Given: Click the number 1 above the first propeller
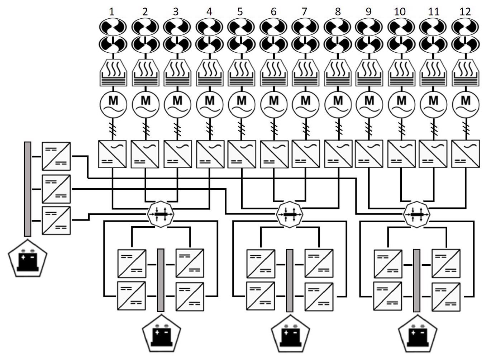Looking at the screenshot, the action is point(111,12).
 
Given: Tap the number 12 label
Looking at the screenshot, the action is point(465,12).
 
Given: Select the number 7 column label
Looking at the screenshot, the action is point(304,12).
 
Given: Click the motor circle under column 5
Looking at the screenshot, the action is point(242,104).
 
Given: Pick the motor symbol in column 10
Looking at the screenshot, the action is point(401,104).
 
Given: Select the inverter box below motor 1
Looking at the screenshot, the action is point(112,154).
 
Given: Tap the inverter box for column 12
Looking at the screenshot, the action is point(466,154).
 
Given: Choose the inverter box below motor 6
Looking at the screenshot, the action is point(274,154).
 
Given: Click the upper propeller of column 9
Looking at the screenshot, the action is point(369,27).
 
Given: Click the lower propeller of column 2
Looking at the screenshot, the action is point(145,44).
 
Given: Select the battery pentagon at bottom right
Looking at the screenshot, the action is point(418,334).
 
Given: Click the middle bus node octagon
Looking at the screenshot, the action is point(290,214).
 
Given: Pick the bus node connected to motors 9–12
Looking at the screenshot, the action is point(416,214).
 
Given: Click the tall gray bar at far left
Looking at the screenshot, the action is point(28,189).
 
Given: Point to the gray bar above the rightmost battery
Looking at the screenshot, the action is point(417,280).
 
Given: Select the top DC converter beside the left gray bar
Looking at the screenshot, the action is point(56,156).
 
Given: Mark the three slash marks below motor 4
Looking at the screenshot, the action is point(210,129).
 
